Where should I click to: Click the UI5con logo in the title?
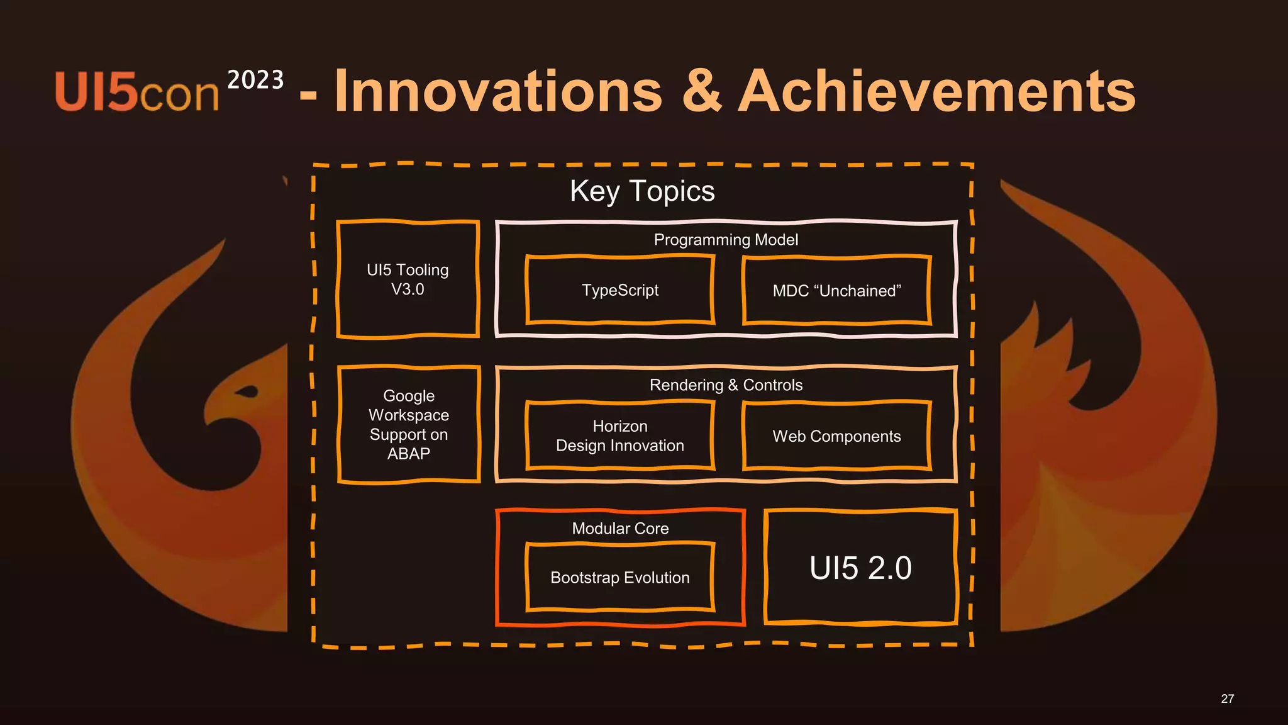pos(136,92)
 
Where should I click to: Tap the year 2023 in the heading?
pos(255,81)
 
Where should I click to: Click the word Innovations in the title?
pos(499,92)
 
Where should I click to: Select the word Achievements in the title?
pos(936,92)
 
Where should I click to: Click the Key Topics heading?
pos(642,191)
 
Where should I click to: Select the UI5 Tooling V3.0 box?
pos(408,279)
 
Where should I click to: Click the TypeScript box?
pos(620,290)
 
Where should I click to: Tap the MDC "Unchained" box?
pos(836,291)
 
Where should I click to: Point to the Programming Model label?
pos(726,240)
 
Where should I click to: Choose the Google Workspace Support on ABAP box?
pos(409,425)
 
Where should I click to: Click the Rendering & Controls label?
pos(726,385)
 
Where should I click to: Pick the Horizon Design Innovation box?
pos(620,436)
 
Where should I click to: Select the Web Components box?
pos(836,436)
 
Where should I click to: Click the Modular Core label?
pos(620,529)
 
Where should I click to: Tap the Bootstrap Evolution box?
pos(620,578)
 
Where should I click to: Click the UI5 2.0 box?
pos(860,568)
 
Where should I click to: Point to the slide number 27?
pos(1227,699)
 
